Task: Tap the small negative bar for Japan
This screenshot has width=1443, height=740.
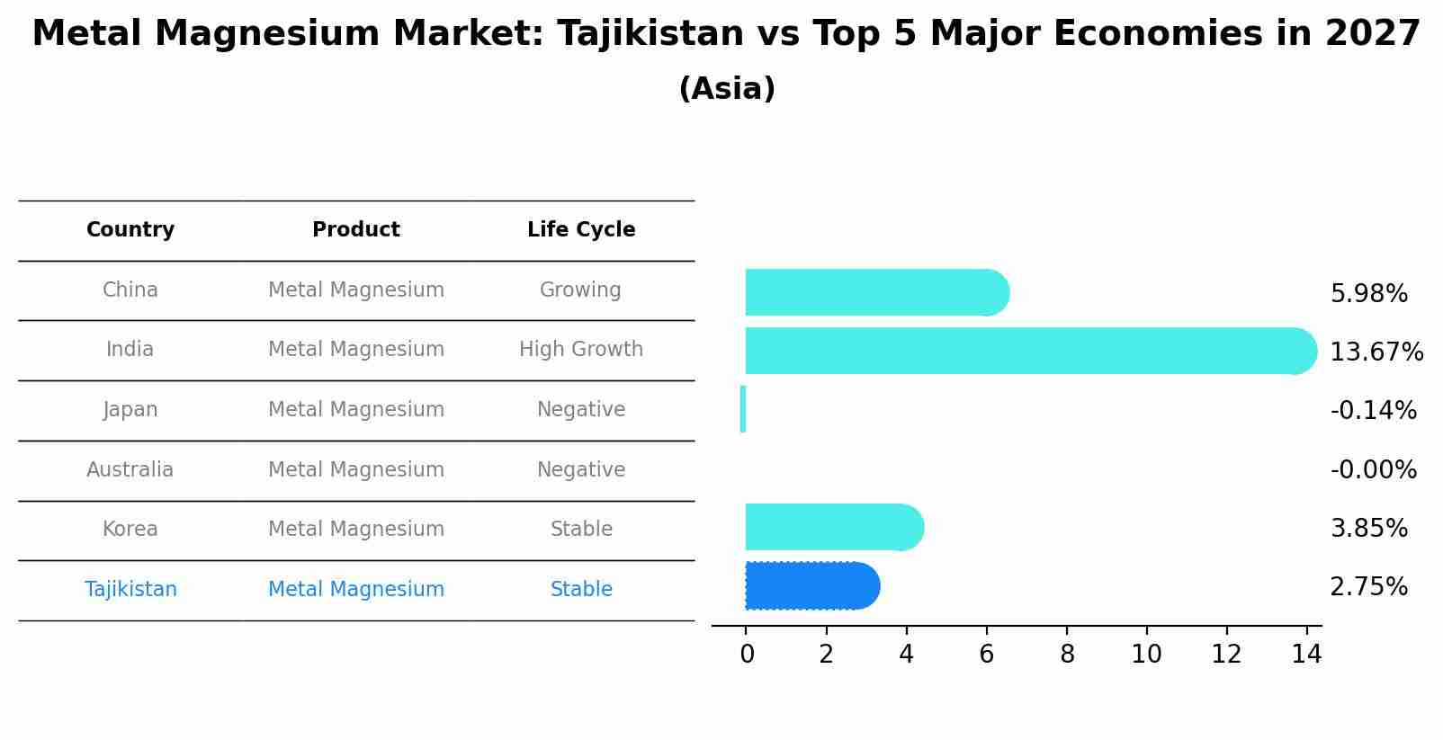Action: point(743,409)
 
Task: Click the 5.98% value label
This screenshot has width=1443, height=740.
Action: point(1368,294)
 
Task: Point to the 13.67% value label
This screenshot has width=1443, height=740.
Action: point(1376,352)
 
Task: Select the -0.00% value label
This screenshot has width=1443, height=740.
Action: point(1373,469)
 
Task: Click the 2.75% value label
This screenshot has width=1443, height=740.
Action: point(1368,587)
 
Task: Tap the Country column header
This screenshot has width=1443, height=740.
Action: point(130,230)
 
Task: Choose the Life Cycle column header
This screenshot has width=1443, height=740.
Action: point(581,230)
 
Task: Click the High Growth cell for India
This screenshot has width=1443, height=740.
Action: point(581,350)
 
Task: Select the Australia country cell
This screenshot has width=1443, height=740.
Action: point(130,469)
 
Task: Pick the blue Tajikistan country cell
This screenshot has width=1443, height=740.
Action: point(130,589)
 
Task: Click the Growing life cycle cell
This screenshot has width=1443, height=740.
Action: point(580,290)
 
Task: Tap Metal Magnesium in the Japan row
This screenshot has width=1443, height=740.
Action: point(356,410)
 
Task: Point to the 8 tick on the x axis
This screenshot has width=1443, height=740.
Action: point(1067,655)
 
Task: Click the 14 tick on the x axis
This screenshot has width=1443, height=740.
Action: point(1306,655)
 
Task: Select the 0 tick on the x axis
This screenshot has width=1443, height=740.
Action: point(747,655)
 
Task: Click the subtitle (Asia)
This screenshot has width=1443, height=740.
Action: point(727,89)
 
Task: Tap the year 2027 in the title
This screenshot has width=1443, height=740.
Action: point(1373,34)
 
